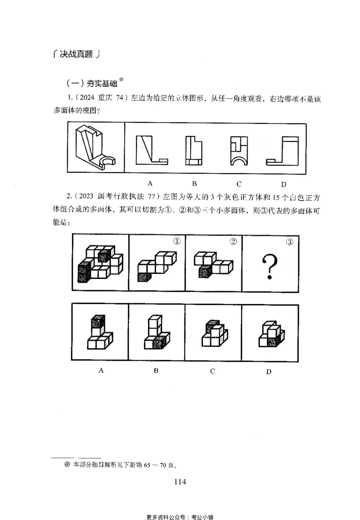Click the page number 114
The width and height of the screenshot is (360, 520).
(180, 482)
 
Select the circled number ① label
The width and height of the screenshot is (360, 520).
(177, 242)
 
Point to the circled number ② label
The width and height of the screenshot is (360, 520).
(233, 242)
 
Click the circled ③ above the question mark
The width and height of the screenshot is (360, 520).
(290, 242)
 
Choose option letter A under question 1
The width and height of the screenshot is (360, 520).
(150, 183)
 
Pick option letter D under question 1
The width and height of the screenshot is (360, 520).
(283, 184)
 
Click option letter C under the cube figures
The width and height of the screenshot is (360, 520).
(212, 371)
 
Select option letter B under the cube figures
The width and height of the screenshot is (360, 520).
(156, 371)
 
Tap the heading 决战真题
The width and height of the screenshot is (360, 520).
(75, 54)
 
